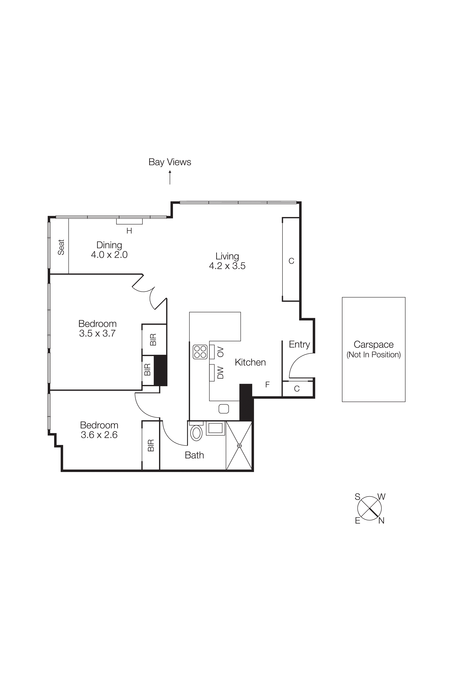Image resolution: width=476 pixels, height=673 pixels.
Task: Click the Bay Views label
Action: click(170, 162)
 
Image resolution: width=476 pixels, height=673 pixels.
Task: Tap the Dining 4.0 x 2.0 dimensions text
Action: click(109, 255)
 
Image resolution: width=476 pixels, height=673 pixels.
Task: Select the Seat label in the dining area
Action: click(61, 247)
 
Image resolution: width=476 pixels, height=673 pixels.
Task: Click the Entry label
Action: click(299, 344)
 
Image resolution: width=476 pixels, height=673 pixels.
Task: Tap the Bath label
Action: click(194, 455)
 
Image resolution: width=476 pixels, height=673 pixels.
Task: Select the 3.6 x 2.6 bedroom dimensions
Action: click(99, 435)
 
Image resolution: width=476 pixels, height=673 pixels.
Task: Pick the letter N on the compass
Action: click(381, 521)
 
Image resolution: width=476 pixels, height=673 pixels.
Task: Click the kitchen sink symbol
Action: click(224, 409)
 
